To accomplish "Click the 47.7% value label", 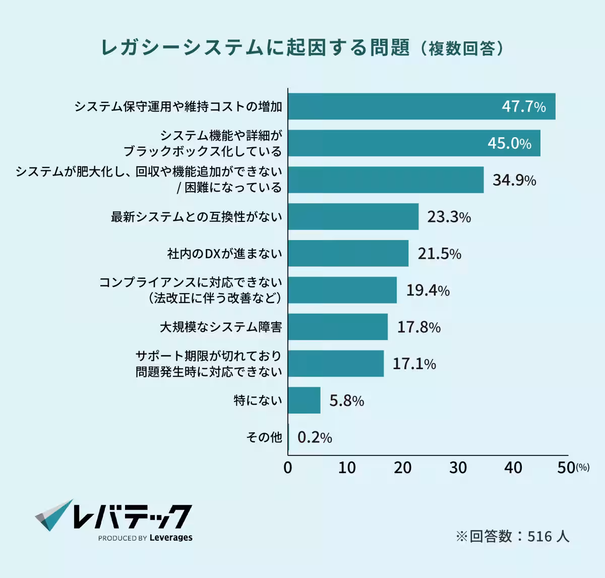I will coord(523,106).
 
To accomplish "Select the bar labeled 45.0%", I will coord(413,143).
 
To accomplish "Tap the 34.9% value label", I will coord(514,180).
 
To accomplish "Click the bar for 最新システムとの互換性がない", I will coord(353,217).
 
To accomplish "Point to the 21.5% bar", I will coord(348,253).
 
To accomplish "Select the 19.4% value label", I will coord(428,290).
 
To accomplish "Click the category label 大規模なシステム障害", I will coord(221,327).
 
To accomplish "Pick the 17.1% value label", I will coord(414,364).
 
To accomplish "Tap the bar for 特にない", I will coord(304,400).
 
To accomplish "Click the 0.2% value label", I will coord(315,437).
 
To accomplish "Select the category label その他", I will coord(264,437).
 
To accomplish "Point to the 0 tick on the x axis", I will coord(288,468).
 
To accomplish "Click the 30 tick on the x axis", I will coord(458,468).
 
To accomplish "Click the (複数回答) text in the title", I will coord(461,48).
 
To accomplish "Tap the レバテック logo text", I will coord(132,516).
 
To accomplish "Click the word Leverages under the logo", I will coord(171,538).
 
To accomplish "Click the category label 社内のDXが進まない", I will coord(224,253).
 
